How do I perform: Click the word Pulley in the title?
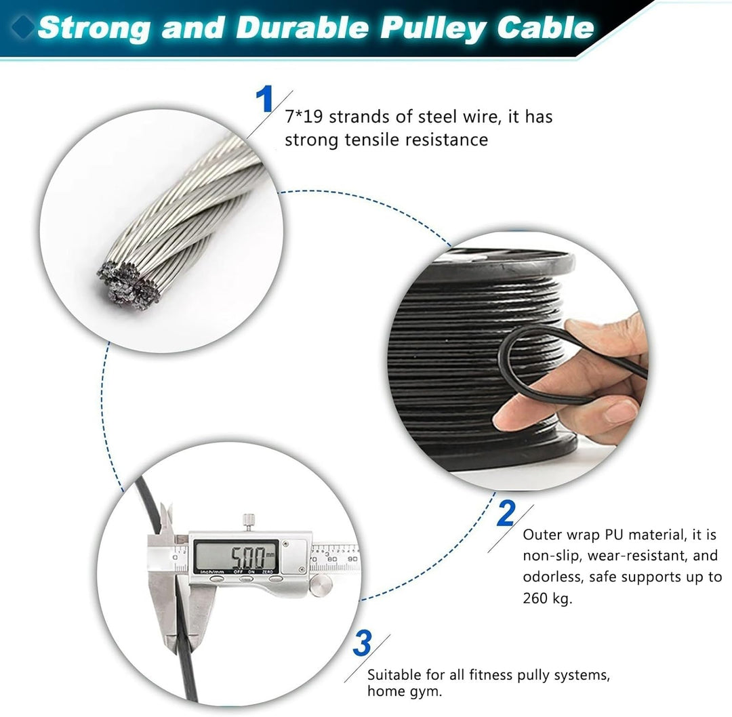425,28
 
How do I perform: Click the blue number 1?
264,100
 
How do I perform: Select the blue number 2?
506,513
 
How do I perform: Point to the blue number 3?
363,644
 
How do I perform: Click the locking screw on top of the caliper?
249,520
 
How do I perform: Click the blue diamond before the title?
26,28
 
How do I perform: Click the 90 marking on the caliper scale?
352,559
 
